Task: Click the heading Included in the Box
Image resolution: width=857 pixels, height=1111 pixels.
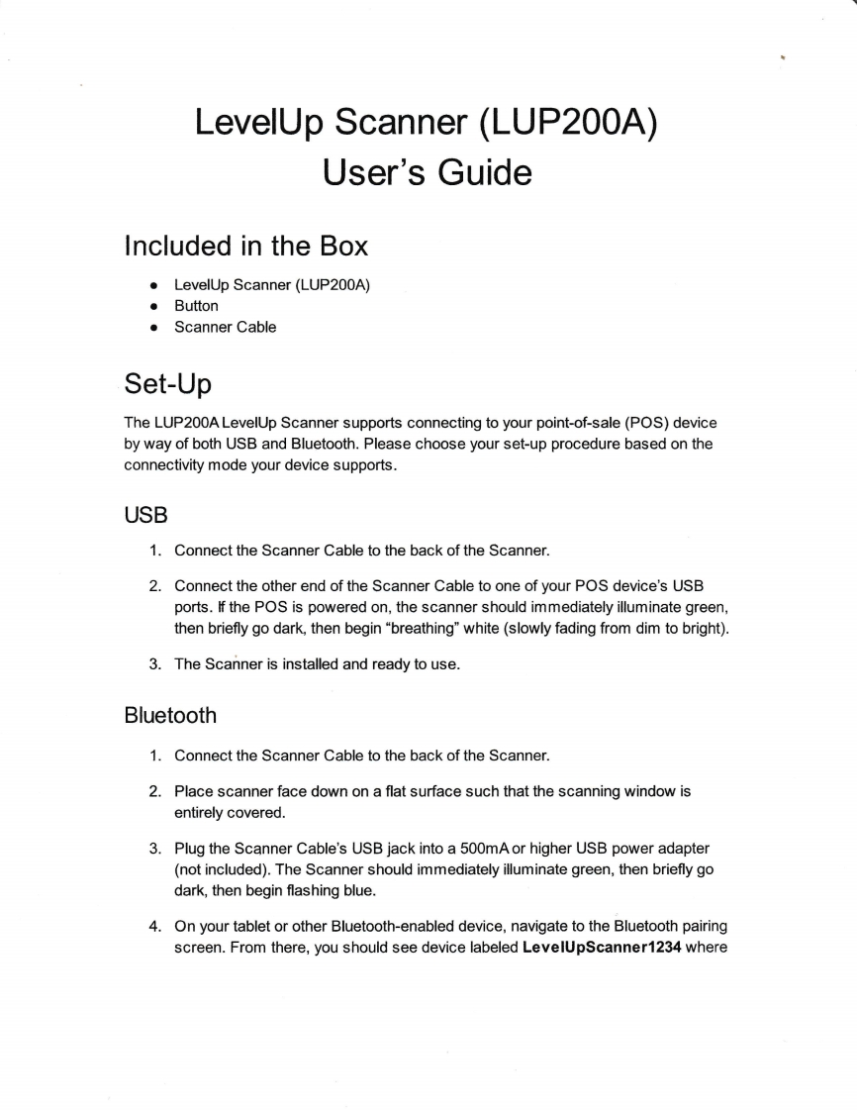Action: click(245, 245)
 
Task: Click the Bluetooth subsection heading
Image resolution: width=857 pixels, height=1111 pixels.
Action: click(170, 714)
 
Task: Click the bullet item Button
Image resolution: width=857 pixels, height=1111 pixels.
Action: click(196, 306)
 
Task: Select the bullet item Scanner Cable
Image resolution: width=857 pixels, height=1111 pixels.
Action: click(225, 327)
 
